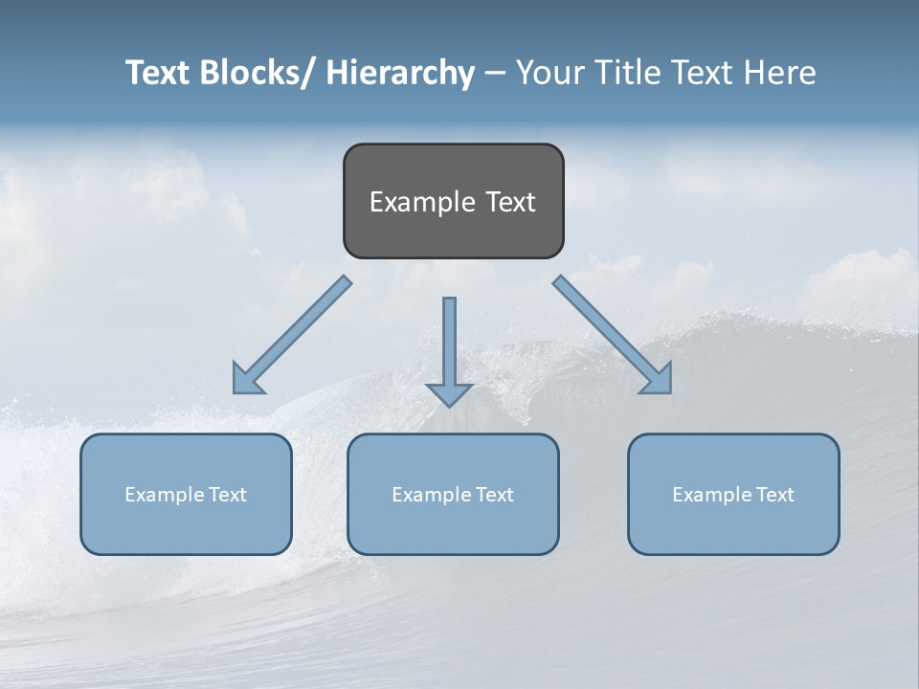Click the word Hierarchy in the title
click(x=400, y=73)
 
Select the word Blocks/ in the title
click(x=256, y=73)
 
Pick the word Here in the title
click(x=779, y=73)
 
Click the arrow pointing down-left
click(x=292, y=335)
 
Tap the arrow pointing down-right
click(x=613, y=335)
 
